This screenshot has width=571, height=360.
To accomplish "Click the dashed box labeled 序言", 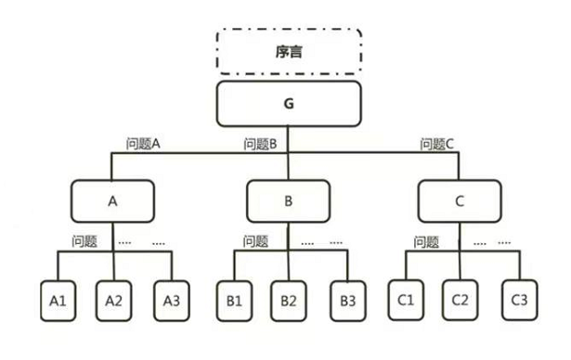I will point(289,52).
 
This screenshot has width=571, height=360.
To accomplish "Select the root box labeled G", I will point(289,103).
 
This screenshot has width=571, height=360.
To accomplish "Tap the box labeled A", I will point(112,199).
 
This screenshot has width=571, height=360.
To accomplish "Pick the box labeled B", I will point(289,199).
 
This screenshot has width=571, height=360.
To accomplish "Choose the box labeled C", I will point(460,199).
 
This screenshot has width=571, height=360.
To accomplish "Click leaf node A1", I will point(58,302).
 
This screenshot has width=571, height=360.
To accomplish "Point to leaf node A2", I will point(113,302).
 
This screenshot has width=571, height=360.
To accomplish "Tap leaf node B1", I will point(232,302).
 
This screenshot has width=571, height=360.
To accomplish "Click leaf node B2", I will point(289,302).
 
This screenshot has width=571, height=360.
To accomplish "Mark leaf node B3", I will point(345,302).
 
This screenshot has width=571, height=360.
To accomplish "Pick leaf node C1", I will point(405,302).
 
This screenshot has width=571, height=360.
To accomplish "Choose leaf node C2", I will point(460,302).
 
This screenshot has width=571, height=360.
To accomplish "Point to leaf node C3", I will point(517,302).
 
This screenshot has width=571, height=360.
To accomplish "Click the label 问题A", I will point(144,145).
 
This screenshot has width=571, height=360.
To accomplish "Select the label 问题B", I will point(261,145).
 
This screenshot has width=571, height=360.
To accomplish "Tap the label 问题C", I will point(437,145).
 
